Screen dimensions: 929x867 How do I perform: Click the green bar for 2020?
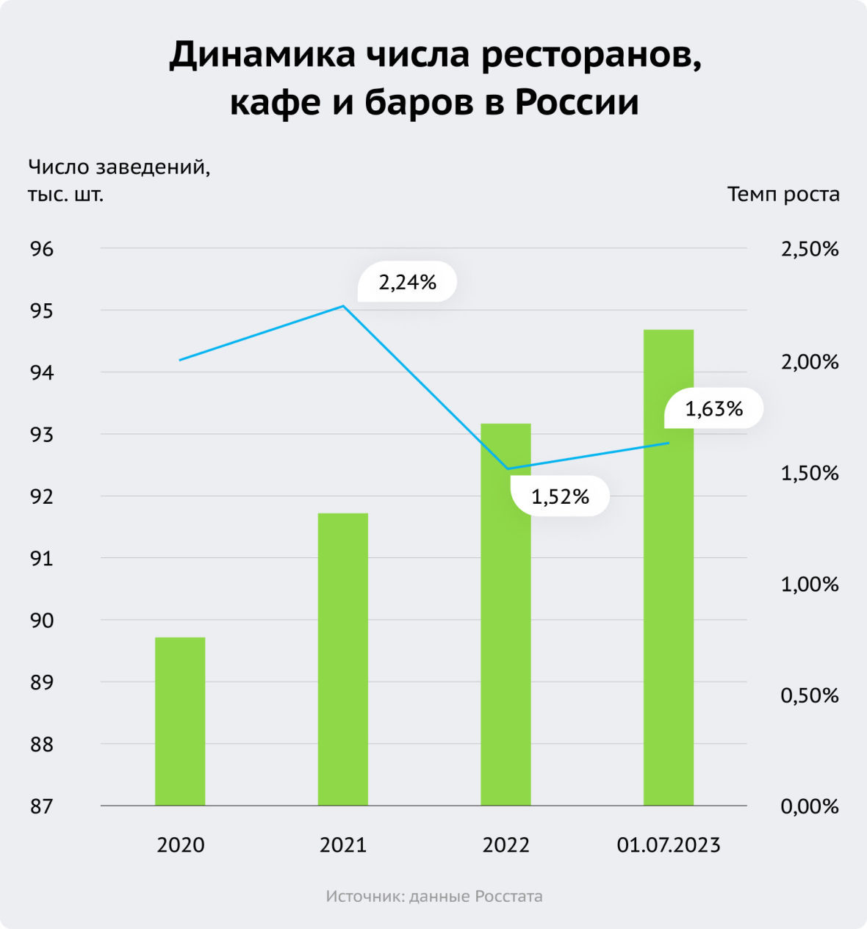pos(180,721)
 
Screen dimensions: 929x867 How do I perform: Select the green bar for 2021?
pos(343,659)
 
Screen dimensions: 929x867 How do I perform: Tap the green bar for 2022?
pos(506,614)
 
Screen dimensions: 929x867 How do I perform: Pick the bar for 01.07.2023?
pos(669,567)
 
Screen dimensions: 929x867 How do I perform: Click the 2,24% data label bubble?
pos(408,282)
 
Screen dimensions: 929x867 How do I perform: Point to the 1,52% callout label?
pos(560,497)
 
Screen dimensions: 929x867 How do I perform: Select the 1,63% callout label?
pos(713,408)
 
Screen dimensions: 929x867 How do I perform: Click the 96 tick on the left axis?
pos(42,249)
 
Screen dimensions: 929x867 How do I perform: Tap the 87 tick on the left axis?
pos(42,806)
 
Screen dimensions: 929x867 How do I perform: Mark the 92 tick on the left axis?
pos(42,496)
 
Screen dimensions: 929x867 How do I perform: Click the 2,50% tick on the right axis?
pos(810,250)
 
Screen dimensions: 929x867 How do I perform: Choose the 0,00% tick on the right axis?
pos(810,806)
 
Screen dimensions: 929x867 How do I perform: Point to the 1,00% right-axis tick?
pos(810,585)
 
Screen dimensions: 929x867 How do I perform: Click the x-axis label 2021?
pos(343,845)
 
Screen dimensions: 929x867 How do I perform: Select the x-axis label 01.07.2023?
pos(669,845)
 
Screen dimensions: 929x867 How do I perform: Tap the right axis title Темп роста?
pos(783,195)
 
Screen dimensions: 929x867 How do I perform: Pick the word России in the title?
pos(576,102)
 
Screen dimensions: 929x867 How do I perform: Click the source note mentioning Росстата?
pos(434,897)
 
